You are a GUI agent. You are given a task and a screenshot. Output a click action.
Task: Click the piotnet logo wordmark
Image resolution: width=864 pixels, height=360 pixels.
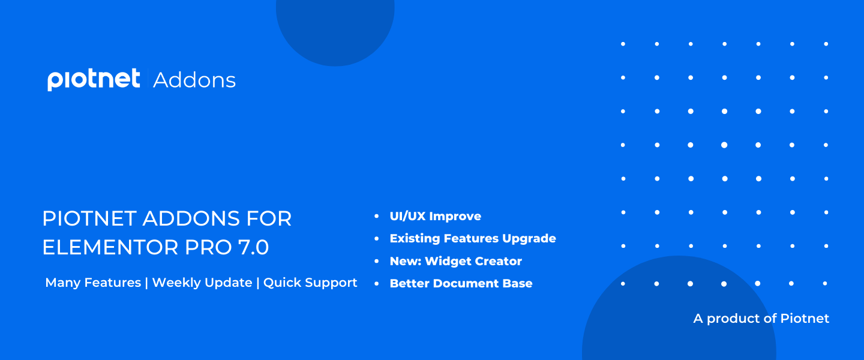point(94,79)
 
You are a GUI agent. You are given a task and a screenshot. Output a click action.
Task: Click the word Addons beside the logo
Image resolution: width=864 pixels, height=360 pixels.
point(194,80)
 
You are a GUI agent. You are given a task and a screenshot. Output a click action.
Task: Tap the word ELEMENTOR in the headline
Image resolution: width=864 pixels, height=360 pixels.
point(110,247)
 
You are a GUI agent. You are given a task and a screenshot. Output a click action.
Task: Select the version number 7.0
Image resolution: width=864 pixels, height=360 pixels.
point(253,247)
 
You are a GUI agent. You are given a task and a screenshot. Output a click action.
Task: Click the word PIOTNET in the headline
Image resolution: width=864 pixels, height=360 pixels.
point(89,219)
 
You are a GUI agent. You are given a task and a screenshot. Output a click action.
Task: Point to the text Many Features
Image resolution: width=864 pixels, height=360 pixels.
point(93,283)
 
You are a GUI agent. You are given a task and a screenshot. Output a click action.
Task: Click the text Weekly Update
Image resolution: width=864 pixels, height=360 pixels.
point(202,283)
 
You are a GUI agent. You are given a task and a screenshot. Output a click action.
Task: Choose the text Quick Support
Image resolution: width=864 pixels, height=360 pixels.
point(310,283)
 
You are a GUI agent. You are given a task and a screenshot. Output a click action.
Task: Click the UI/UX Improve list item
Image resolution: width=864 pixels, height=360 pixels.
point(436,216)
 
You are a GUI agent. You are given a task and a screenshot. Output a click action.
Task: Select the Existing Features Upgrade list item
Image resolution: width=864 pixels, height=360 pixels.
point(473,238)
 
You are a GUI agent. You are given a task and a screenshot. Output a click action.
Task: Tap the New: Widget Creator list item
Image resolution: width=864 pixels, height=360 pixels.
point(456,261)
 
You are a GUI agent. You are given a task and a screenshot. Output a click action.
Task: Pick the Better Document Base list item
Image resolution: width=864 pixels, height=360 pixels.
point(461,284)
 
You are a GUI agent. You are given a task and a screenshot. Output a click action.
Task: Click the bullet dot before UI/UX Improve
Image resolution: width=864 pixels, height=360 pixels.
point(376,216)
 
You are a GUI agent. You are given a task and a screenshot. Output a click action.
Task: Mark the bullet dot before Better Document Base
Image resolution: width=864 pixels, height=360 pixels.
point(376,284)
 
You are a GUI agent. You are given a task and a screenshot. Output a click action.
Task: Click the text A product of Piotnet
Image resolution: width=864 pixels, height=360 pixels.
point(761,319)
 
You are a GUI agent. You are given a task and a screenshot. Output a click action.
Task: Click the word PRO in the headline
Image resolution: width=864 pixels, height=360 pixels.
point(209,247)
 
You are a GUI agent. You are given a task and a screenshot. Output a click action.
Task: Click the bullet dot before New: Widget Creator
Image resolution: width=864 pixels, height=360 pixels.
point(376,261)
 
